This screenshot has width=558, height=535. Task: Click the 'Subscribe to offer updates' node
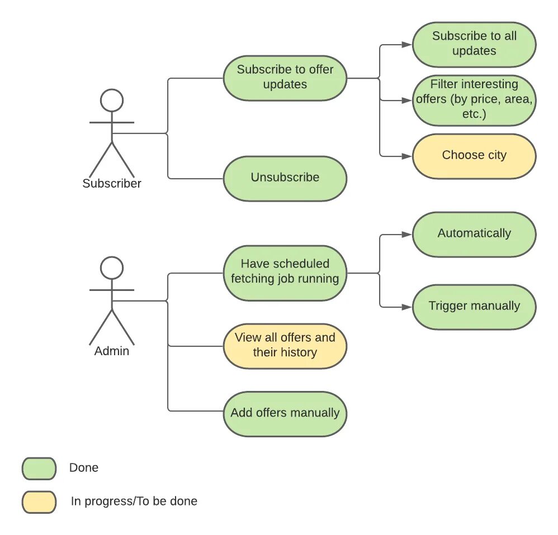tap(285, 78)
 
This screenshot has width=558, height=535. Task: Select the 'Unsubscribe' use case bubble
tap(285, 179)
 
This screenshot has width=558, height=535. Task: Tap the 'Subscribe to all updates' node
tap(474, 45)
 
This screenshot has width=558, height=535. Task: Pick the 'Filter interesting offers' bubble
tap(474, 101)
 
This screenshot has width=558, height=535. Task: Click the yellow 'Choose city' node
tap(474, 156)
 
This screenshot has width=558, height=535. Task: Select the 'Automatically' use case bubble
tap(474, 234)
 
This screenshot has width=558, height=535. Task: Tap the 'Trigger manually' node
tap(474, 307)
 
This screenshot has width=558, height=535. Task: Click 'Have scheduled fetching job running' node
tap(285, 273)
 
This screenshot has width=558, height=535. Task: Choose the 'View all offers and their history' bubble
tap(285, 346)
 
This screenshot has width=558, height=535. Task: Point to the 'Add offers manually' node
tap(285, 414)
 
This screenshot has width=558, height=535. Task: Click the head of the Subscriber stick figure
tap(112, 101)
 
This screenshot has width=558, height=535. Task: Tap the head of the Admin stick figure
tap(112, 267)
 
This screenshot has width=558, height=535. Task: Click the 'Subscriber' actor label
tap(112, 183)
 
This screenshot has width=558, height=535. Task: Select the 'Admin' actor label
tap(112, 351)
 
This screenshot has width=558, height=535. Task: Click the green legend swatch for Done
tap(39, 469)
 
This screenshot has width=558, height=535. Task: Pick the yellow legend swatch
tap(39, 502)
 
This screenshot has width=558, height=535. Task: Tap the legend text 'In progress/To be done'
tap(134, 501)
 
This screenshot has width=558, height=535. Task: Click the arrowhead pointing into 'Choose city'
tap(406, 156)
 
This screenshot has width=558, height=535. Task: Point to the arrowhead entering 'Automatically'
tap(406, 234)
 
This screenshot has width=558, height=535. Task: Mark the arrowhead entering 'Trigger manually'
tap(406, 307)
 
